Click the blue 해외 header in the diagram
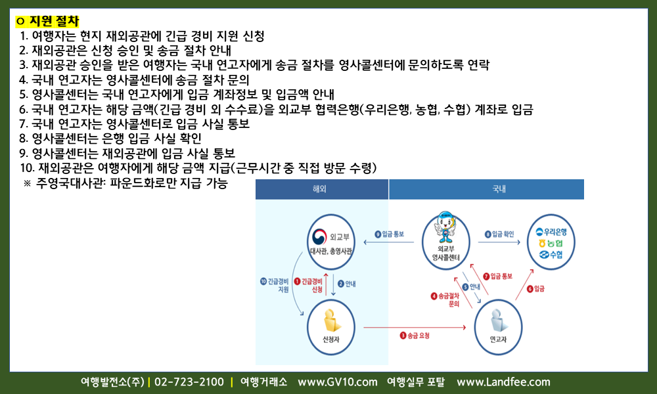click(x=319, y=189)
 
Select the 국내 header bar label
click(x=499, y=189)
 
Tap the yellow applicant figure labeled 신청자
click(x=331, y=320)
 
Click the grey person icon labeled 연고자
click(x=499, y=320)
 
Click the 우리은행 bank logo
click(x=551, y=232)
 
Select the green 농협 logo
click(x=551, y=243)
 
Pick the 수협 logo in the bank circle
click(x=551, y=255)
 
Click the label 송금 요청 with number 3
click(x=415, y=336)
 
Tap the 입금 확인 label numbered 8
click(x=499, y=234)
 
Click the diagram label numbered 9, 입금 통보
click(x=389, y=234)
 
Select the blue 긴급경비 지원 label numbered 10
click(x=275, y=285)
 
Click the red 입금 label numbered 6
click(x=535, y=288)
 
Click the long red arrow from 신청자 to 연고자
click(x=415, y=327)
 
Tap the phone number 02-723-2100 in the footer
click(x=189, y=382)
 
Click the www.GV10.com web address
click(x=337, y=382)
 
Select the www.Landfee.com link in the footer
click(x=503, y=382)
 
